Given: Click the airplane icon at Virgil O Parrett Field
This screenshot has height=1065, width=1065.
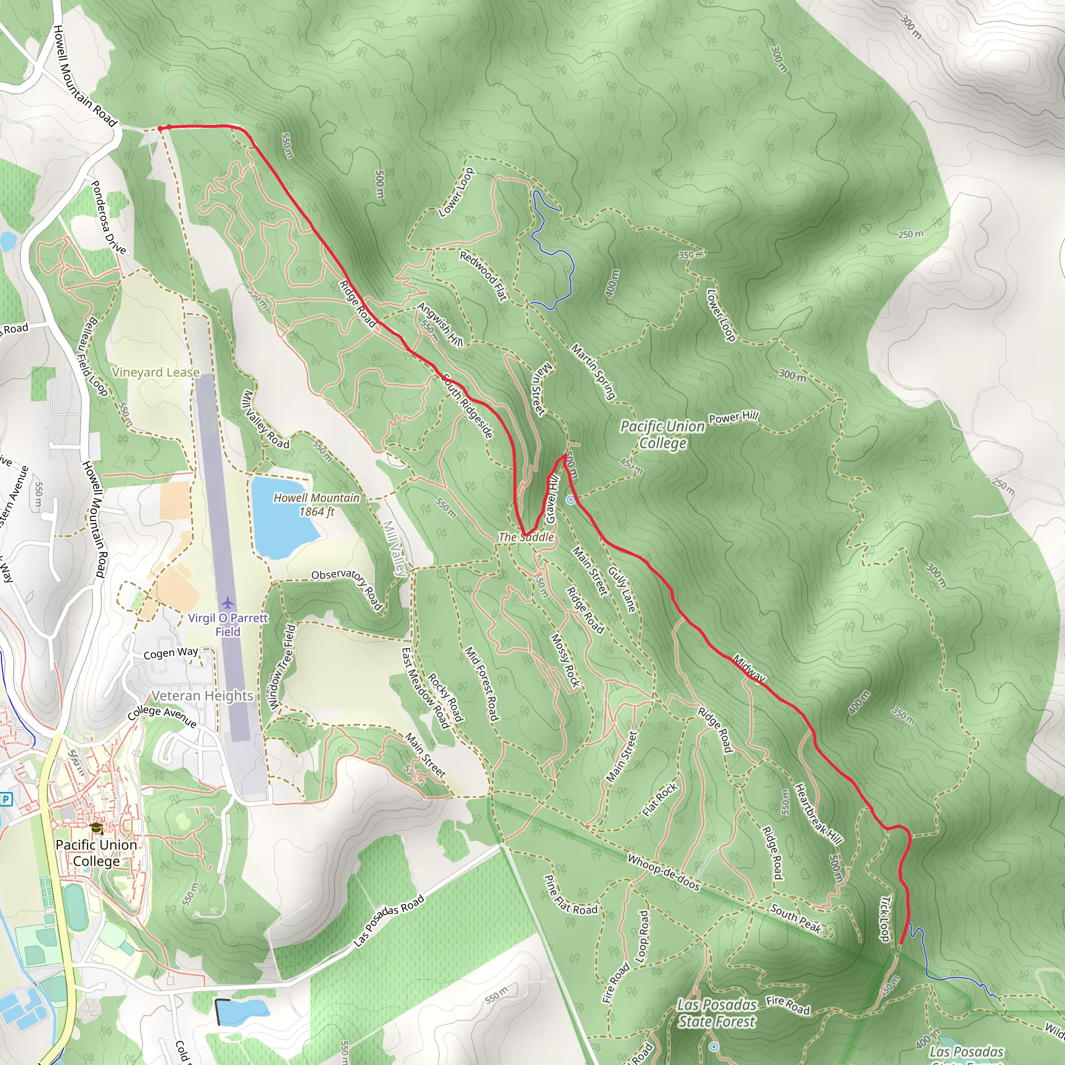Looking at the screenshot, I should click(x=227, y=603).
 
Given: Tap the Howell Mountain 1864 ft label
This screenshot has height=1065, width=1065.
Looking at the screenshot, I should click(x=316, y=504).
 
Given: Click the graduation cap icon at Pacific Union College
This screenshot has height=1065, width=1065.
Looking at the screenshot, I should click(x=97, y=828).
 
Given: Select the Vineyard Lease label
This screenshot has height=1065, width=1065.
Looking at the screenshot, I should click(x=155, y=373).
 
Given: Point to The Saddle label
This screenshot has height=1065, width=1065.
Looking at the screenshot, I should click(x=526, y=537).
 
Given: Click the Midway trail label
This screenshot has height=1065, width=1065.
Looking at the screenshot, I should click(x=749, y=668).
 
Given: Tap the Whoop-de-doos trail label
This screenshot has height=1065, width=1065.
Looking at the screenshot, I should click(x=664, y=873).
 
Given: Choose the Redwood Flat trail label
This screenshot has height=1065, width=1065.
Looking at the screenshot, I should click(x=483, y=276).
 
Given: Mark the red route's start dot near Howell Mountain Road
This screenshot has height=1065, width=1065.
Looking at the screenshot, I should click(x=160, y=128).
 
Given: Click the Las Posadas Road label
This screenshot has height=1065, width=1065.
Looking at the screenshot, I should click(x=388, y=920).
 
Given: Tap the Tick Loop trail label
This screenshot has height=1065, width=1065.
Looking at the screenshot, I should click(x=884, y=919).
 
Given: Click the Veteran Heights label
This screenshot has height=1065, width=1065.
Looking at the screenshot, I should click(x=202, y=696).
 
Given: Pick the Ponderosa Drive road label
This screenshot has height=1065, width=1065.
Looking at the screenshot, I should click(x=109, y=217).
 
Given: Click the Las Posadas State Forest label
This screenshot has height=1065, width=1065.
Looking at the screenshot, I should click(x=717, y=1013).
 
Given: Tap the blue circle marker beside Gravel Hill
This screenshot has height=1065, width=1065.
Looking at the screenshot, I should click(x=571, y=499).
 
